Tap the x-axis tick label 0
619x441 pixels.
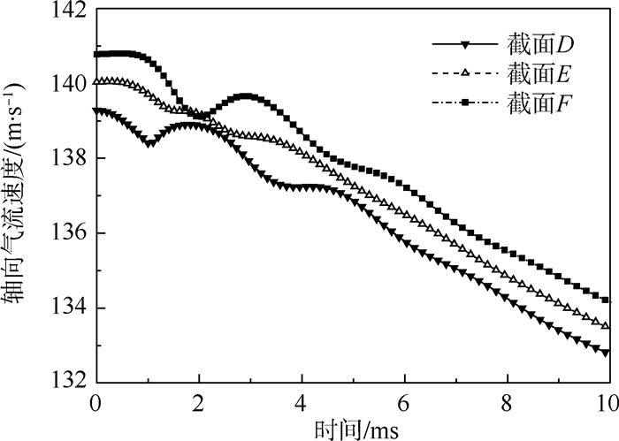[96, 400]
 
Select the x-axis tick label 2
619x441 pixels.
[199, 400]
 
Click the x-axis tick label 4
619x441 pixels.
[302, 400]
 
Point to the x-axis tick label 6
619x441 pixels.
[404, 400]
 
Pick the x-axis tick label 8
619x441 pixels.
[507, 400]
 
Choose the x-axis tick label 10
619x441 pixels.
[606, 400]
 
